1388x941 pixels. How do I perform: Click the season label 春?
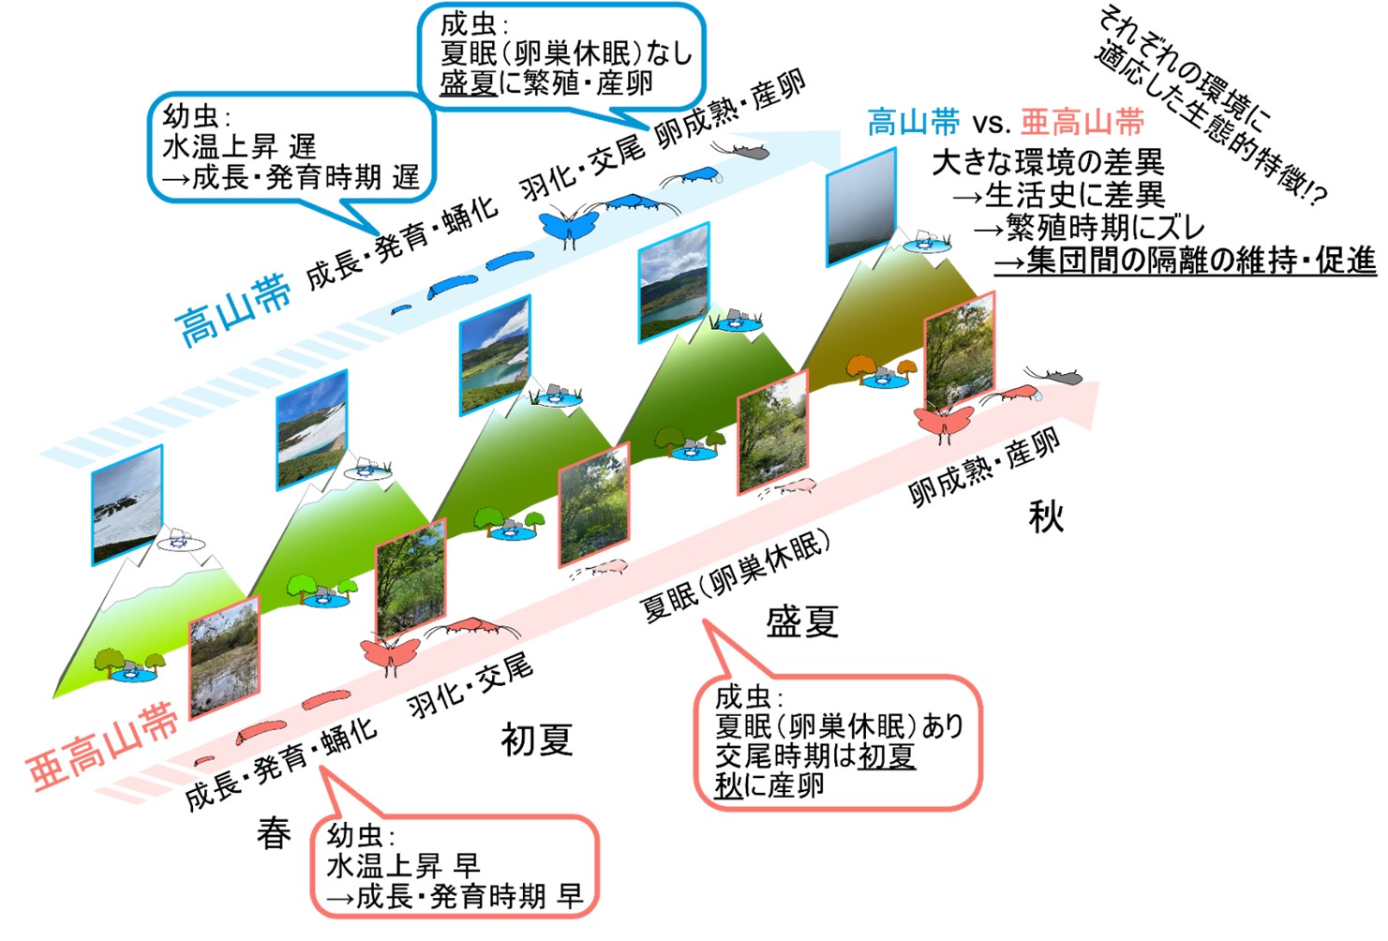(x=274, y=833)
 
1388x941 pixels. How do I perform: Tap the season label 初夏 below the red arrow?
(x=537, y=739)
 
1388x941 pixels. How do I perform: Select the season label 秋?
(x=1046, y=516)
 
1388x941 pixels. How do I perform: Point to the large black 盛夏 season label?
(x=802, y=621)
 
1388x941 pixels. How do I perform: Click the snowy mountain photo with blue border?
(x=127, y=505)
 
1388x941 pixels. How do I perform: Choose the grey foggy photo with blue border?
(x=861, y=207)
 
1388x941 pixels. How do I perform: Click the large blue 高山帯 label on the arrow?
(x=233, y=309)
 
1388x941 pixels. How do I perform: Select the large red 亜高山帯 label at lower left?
(x=103, y=746)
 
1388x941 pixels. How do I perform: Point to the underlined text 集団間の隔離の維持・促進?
(x=1186, y=261)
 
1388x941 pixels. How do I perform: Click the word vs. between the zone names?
(x=991, y=124)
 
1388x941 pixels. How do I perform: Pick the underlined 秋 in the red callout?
(x=728, y=786)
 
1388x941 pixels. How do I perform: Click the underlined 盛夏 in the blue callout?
(x=469, y=82)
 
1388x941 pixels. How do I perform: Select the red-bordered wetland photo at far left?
(x=224, y=657)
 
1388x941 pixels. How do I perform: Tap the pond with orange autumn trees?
(x=882, y=371)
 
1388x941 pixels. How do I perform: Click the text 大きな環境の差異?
(x=1048, y=163)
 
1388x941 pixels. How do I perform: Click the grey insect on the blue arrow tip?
(x=740, y=151)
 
